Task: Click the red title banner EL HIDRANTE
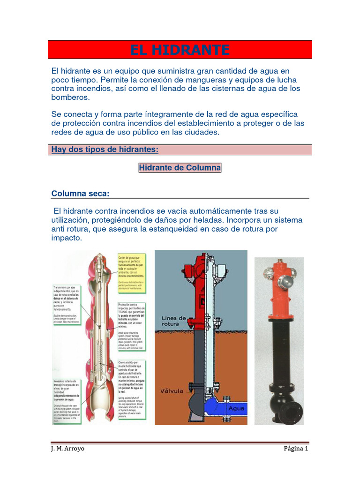(180, 50)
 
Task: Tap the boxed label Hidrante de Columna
(180, 168)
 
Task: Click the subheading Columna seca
(80, 194)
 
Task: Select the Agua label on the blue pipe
(236, 408)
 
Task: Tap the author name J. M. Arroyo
(68, 449)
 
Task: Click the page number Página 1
(296, 449)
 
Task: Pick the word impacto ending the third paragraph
(66, 238)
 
